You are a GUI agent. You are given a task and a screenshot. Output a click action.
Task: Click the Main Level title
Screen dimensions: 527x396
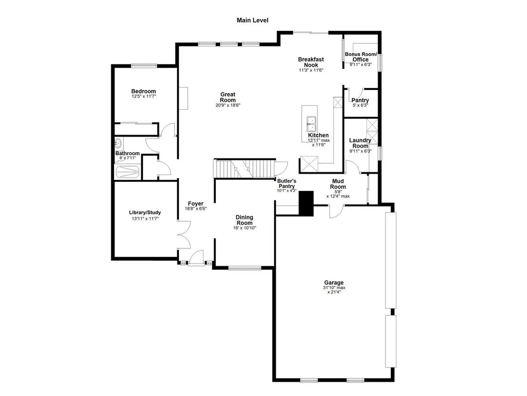point(252,20)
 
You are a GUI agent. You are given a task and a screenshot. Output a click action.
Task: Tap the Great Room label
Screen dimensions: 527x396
point(228,97)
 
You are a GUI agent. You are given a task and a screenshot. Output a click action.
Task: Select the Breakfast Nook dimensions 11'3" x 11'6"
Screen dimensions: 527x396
point(311,70)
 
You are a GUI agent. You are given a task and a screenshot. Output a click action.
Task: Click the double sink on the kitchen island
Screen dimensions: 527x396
point(311,124)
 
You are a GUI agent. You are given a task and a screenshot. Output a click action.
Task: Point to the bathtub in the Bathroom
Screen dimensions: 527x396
point(128,172)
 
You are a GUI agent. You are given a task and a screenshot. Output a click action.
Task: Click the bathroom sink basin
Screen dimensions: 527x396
point(118,144)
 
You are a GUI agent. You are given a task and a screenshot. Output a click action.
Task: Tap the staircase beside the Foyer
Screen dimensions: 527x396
point(245,169)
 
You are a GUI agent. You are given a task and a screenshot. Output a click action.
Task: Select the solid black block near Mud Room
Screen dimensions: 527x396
point(306,203)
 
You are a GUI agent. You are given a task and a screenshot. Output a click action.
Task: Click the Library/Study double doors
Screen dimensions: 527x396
point(184,234)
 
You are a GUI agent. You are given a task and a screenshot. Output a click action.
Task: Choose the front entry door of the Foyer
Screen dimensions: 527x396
point(196,258)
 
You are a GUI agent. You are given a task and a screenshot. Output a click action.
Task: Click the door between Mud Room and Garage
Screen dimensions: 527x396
point(336,212)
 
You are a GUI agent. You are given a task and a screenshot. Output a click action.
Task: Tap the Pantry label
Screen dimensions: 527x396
point(360,100)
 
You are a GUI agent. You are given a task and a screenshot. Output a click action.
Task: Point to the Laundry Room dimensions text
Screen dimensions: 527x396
point(360,151)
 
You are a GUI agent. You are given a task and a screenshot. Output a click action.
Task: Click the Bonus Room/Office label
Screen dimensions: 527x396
point(361,57)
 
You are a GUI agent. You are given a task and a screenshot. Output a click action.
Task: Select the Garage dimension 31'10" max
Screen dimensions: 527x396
point(334,288)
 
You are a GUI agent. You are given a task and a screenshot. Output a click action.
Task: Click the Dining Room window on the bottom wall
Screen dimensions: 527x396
point(245,268)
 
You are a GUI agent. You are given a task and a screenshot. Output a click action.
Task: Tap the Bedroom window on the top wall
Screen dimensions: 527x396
point(144,66)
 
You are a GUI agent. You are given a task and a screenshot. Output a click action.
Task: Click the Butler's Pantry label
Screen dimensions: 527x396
point(287,184)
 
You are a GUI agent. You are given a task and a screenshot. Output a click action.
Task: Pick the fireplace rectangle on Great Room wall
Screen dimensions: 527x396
point(183,98)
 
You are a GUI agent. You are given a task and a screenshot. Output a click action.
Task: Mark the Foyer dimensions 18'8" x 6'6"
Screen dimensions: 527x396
point(196,209)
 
